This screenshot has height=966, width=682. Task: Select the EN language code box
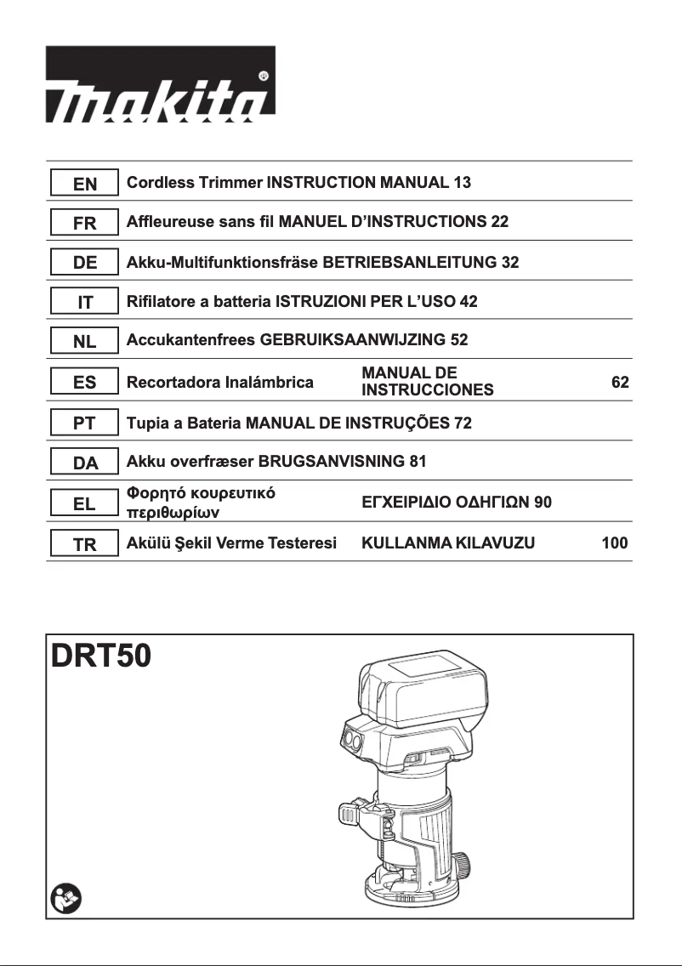pyautogui.click(x=84, y=183)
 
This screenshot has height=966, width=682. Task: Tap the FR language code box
pyautogui.click(x=84, y=223)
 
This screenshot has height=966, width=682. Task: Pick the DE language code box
pyautogui.click(x=84, y=263)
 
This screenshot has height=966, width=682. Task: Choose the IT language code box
pyautogui.click(x=84, y=302)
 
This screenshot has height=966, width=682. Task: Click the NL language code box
pyautogui.click(x=84, y=342)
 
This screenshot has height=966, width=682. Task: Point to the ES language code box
pyautogui.click(x=84, y=383)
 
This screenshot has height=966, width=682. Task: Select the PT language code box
pyautogui.click(x=84, y=423)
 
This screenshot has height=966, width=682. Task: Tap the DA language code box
pyautogui.click(x=84, y=463)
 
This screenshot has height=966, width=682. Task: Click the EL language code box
pyautogui.click(x=84, y=503)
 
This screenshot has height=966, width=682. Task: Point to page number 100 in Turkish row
pyautogui.click(x=614, y=543)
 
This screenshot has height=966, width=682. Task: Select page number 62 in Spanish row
pyautogui.click(x=620, y=383)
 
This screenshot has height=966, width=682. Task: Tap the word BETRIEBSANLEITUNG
pyautogui.click(x=411, y=263)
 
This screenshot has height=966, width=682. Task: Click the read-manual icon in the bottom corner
pyautogui.click(x=64, y=898)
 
